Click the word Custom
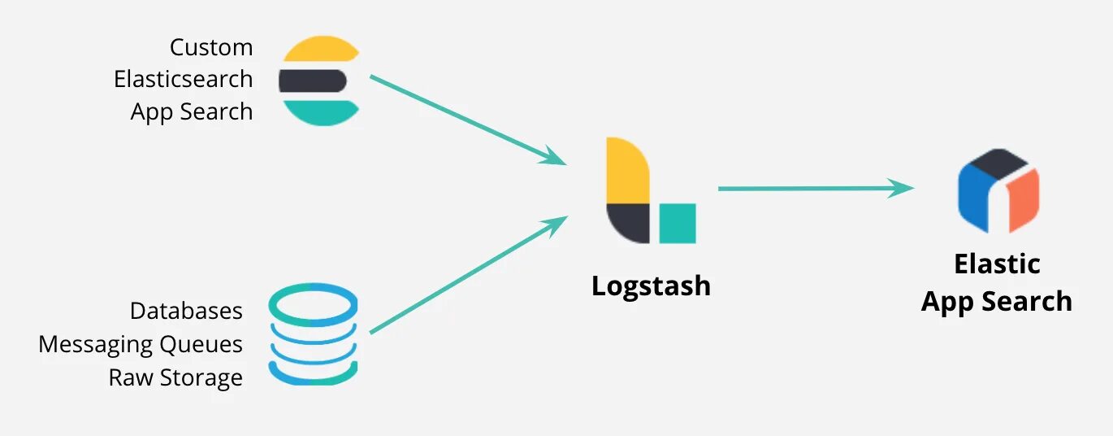[211, 47]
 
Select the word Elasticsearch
[184, 79]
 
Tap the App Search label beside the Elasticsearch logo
[192, 111]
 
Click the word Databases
[186, 311]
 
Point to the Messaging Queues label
[141, 344]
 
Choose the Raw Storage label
[175, 377]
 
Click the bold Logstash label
[651, 286]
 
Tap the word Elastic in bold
[997, 264]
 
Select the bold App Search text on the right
[997, 301]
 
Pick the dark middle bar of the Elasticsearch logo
[313, 81]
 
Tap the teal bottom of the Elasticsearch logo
[320, 112]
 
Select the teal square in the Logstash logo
[678, 223]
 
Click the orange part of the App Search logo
[1024, 200]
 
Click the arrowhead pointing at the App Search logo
[901, 188]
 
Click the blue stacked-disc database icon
[313, 334]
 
